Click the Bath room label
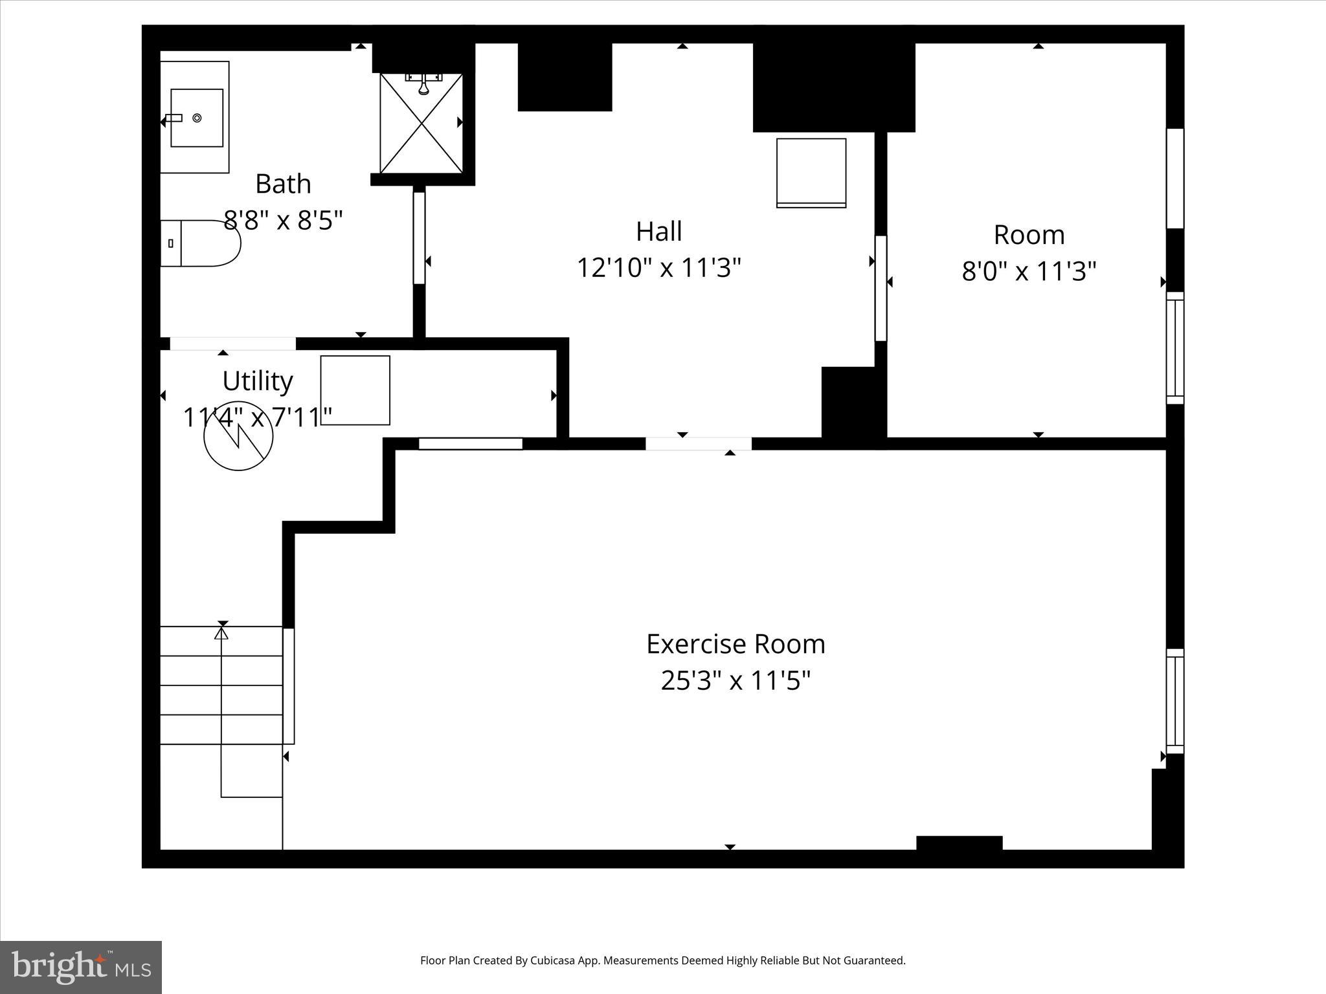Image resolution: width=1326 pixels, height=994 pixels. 283,184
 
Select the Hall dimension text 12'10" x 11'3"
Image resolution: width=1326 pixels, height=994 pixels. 658,267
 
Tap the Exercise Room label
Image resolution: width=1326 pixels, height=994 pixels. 736,644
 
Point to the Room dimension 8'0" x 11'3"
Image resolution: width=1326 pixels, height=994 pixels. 1029,271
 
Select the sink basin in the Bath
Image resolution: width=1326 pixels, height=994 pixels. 197,118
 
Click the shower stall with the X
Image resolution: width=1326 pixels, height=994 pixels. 421,123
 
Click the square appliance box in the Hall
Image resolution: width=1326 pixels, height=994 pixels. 811,173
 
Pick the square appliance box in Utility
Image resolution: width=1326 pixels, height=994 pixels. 355,390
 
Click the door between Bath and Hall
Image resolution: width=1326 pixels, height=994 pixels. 419,237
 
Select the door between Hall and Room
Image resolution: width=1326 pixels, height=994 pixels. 881,288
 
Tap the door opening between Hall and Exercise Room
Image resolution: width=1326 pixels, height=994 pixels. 698,444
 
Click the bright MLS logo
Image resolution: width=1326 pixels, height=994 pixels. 81,967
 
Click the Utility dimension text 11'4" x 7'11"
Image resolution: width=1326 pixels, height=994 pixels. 258,417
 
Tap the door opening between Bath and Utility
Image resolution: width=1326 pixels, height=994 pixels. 232,344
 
